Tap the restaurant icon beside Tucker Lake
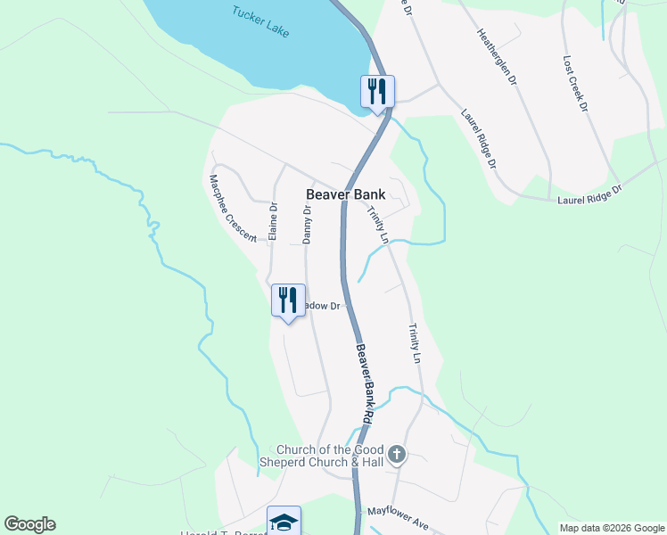tap(377, 91)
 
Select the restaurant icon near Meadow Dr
tap(288, 300)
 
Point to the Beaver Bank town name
tap(345, 193)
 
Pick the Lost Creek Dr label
tap(576, 84)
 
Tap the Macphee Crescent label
tap(233, 208)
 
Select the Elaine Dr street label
tap(274, 222)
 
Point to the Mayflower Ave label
tap(398, 519)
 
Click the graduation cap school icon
tap(284, 522)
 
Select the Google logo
tap(29, 524)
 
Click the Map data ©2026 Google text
tap(611, 528)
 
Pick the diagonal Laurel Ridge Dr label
tap(478, 139)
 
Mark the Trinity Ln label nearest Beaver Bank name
tap(378, 225)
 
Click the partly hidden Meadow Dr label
tap(324, 306)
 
